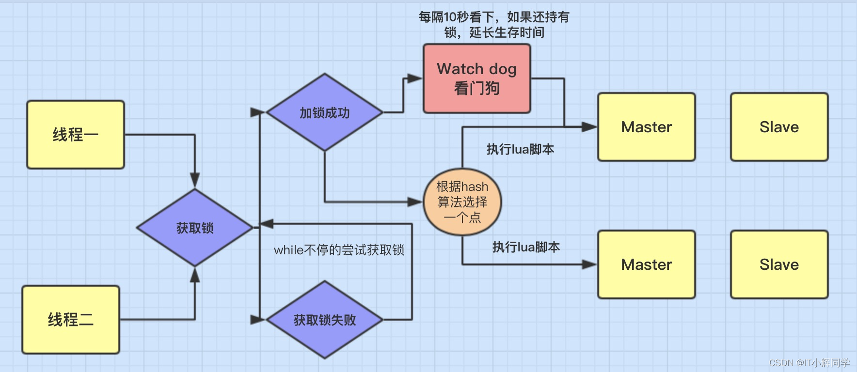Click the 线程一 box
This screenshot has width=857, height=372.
[76, 135]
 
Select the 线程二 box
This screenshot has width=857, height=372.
[71, 320]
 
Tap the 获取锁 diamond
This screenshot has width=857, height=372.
[195, 228]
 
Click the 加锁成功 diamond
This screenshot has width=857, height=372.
[324, 112]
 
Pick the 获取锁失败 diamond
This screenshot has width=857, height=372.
[324, 320]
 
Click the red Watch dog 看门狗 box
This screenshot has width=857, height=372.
[476, 78]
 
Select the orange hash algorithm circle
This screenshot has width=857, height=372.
[462, 201]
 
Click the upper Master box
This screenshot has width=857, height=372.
[646, 127]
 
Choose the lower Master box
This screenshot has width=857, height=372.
[646, 264]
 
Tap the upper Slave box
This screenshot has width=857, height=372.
[779, 127]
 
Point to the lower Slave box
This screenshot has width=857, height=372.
[779, 264]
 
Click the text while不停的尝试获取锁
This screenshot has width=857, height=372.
[339, 250]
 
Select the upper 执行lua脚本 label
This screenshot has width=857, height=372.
[520, 149]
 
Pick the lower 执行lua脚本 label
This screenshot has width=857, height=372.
[526, 247]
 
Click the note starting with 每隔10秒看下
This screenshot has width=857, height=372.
[494, 25]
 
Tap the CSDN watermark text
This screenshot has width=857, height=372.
[809, 363]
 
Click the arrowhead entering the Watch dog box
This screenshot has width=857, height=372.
[415, 78]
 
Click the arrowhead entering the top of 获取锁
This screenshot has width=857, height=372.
[195, 180]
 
